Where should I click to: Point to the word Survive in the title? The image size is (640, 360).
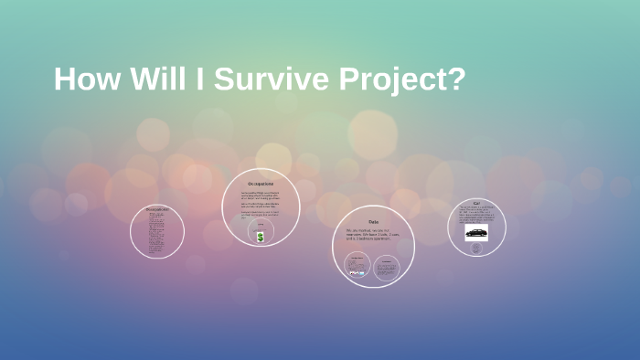point(262,79)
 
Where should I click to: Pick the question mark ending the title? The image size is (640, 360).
point(455,79)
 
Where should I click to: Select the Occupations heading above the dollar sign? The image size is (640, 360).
point(261,185)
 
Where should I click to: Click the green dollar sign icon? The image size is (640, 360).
point(261,237)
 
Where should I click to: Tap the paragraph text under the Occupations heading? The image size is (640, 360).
point(261,203)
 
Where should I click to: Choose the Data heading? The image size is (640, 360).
point(373,222)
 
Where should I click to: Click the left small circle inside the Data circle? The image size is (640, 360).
point(357,266)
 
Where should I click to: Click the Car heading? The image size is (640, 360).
point(476,202)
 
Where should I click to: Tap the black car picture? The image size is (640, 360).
point(476,233)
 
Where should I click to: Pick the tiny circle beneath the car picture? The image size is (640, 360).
point(475,248)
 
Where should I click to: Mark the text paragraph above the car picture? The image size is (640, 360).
point(476,215)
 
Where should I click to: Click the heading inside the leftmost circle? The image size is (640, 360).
point(157,209)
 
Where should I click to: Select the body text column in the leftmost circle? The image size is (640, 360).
point(157,234)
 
